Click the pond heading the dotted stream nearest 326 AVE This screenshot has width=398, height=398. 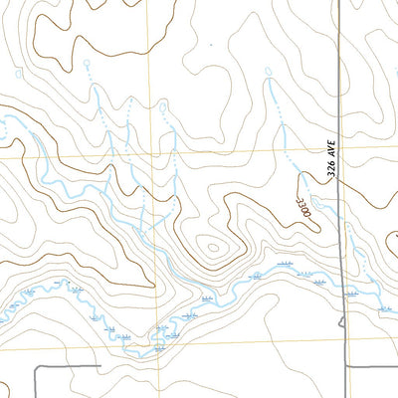point(270,71)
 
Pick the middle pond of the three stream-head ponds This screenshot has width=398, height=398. point(162,103)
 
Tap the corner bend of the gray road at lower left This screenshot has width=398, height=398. point(37,367)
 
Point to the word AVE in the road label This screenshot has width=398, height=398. point(333,149)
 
